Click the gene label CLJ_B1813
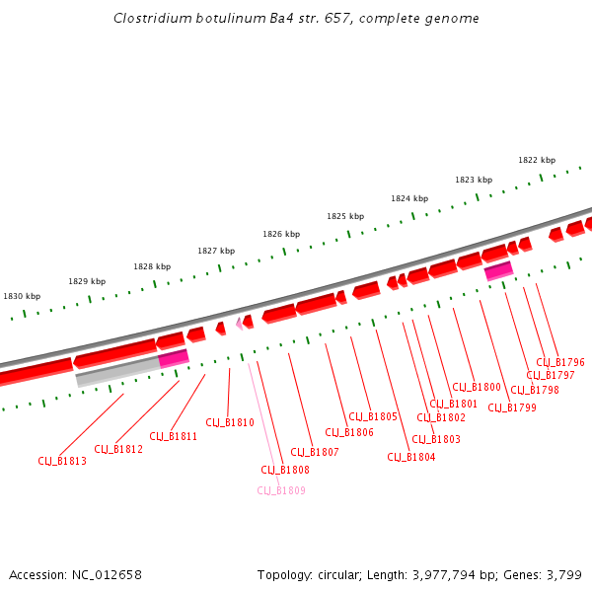(x=62, y=461)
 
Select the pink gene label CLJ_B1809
(x=281, y=490)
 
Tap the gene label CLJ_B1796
(x=560, y=362)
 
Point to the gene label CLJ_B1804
(x=411, y=457)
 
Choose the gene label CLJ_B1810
(x=230, y=422)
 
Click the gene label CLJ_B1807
(x=315, y=452)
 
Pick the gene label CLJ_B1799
(x=512, y=407)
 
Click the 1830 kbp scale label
(x=22, y=296)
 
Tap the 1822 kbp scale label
(x=537, y=160)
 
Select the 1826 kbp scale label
(x=281, y=234)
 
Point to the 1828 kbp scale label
(x=152, y=266)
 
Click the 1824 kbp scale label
(x=409, y=198)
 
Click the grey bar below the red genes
(x=116, y=372)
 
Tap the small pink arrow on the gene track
(x=239, y=323)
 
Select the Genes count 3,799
(x=562, y=574)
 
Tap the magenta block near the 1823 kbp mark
(x=498, y=270)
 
